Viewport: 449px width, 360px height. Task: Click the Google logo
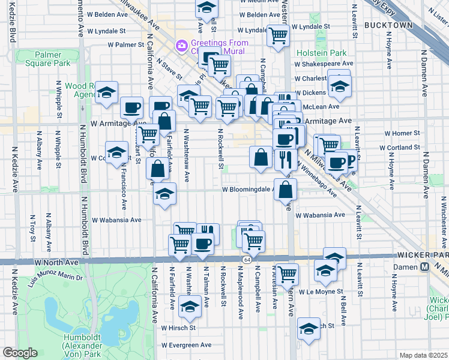click(x=20, y=353)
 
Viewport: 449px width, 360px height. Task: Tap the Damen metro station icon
click(x=424, y=266)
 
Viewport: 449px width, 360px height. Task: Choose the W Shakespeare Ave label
click(x=324, y=63)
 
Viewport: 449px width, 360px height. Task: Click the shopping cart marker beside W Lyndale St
click(x=278, y=35)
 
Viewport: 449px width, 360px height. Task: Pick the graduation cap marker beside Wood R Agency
click(x=107, y=92)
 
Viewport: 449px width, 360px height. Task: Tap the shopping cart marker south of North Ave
click(x=288, y=274)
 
